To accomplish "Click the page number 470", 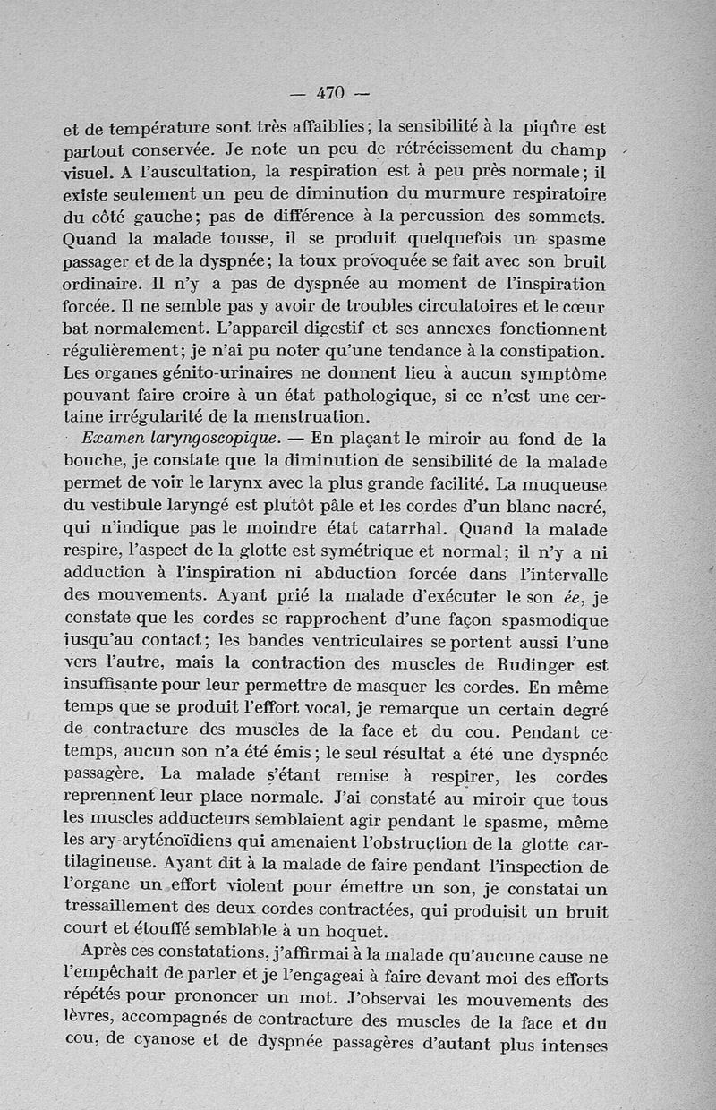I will click(331, 92).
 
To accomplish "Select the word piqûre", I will click(562, 128).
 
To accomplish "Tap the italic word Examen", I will click(111, 440).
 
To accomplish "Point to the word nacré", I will click(581, 508).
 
